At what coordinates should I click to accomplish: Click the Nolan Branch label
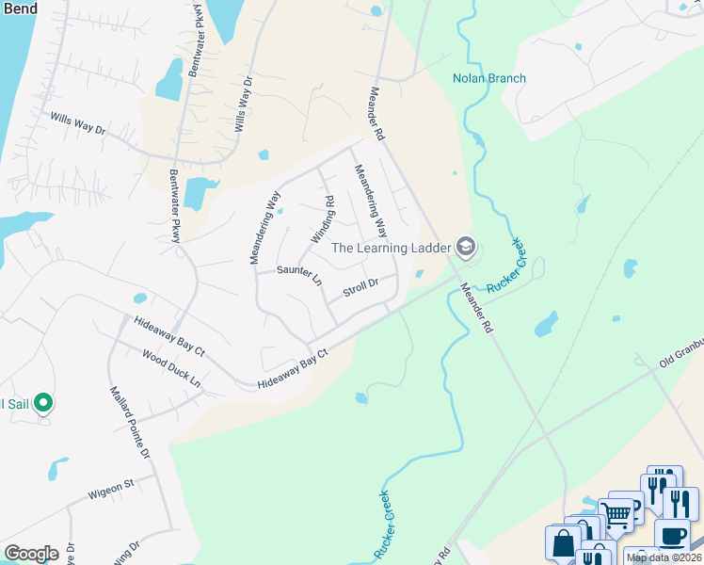pos(488,78)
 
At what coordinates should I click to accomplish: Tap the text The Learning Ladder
pos(392,248)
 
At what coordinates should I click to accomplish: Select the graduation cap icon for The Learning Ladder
pos(464,248)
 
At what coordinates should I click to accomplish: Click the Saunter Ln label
pos(299,275)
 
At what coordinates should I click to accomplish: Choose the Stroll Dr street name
pos(360,287)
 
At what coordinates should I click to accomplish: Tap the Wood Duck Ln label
pos(171,370)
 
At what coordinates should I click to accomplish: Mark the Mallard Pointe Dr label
pos(130,421)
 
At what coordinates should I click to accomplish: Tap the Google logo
pos(31,553)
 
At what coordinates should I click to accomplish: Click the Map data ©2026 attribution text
pos(664,557)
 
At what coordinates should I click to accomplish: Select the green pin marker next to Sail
pos(42,404)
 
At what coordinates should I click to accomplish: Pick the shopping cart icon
pos(616,514)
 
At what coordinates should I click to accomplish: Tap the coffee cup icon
pos(671,536)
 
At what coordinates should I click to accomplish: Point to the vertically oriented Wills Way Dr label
pos(243,104)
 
